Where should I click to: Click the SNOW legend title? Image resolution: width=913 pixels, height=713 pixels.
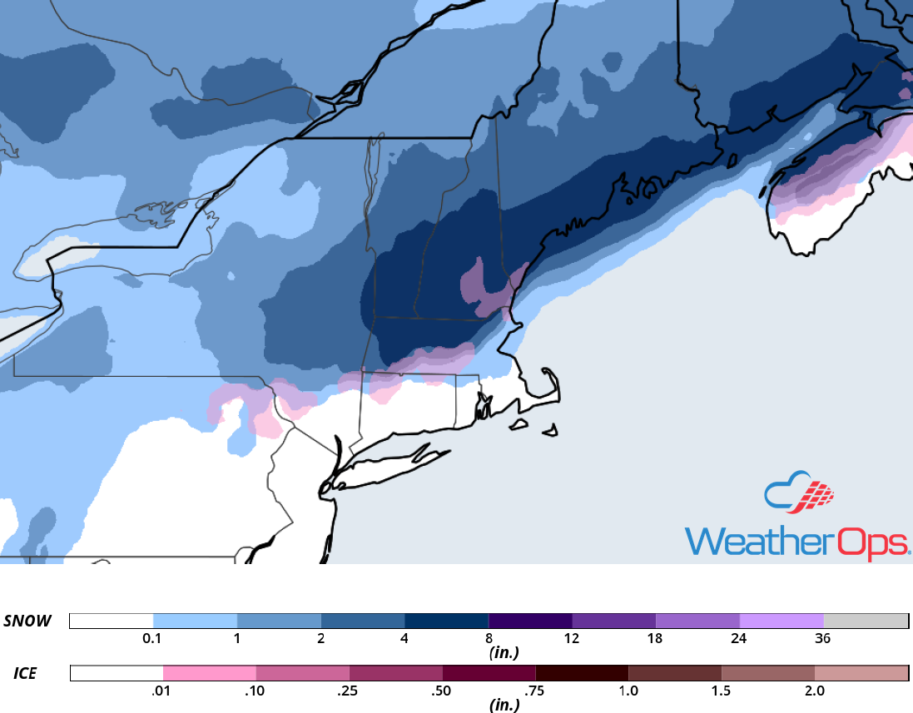tap(27, 621)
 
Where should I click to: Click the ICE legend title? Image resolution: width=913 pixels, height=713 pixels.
tap(25, 673)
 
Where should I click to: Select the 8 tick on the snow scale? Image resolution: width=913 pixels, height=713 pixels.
tap(489, 640)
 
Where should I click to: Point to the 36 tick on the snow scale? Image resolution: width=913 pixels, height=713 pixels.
tap(822, 640)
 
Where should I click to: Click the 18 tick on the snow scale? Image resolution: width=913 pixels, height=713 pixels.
tap(655, 640)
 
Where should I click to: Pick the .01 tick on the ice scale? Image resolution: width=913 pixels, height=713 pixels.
tap(162, 691)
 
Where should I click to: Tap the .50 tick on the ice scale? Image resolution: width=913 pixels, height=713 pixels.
tap(442, 691)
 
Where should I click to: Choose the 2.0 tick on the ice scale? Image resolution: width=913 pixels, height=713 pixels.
tap(814, 691)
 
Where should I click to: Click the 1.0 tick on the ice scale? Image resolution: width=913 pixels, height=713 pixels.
tap(628, 691)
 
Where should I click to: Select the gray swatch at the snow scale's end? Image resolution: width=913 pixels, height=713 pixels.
tap(866, 621)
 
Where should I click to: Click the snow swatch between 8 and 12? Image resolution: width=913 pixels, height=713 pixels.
tap(530, 621)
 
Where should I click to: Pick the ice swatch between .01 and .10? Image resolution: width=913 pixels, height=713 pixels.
tap(209, 673)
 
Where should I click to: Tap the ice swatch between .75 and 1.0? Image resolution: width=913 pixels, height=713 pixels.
tap(582, 673)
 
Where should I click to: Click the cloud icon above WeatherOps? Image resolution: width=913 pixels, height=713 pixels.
tap(798, 493)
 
